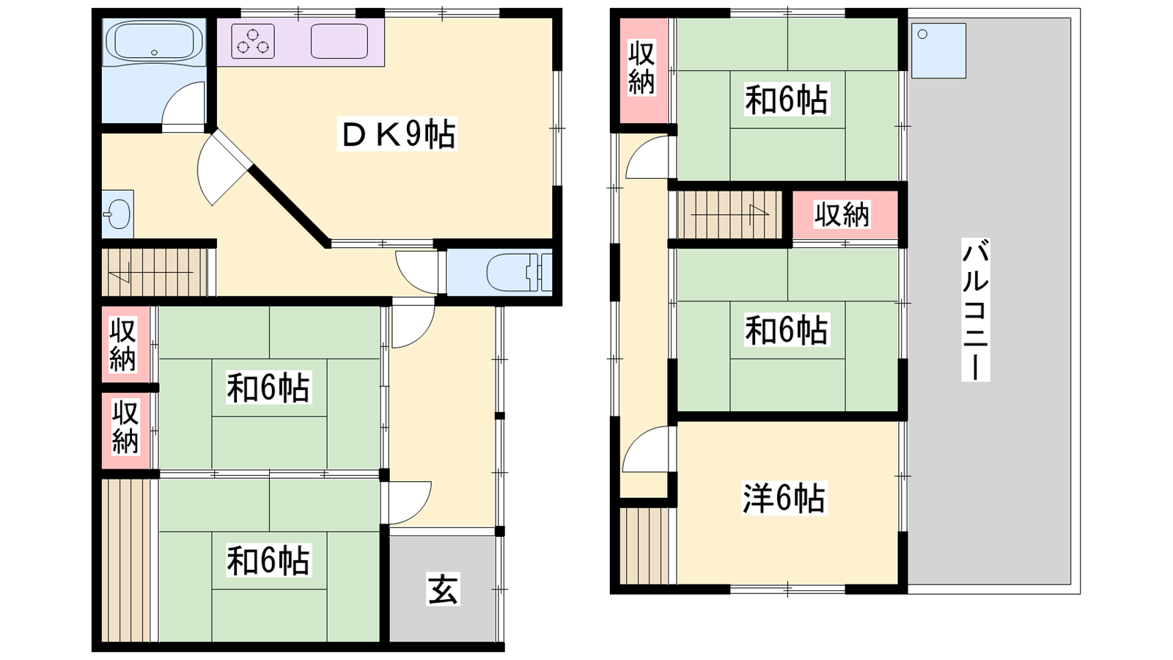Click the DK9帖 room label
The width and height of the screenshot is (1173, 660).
pyautogui.click(x=397, y=134)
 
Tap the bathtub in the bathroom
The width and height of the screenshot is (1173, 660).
pyautogui.click(x=154, y=41)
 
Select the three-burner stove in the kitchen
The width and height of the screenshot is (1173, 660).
pyautogui.click(x=253, y=41)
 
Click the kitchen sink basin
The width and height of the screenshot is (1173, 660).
pyautogui.click(x=339, y=41)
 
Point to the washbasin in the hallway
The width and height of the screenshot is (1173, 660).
pyautogui.click(x=117, y=213)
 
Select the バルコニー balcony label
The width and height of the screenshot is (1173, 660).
pyautogui.click(x=975, y=309)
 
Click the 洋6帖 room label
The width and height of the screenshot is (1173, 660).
pyautogui.click(x=784, y=498)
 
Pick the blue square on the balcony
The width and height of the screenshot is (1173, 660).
pyautogui.click(x=938, y=51)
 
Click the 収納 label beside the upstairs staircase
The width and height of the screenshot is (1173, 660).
pyautogui.click(x=842, y=214)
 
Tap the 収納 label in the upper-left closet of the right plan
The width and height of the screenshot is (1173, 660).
pyautogui.click(x=641, y=69)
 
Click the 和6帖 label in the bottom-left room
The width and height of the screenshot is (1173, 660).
pyautogui.click(x=268, y=560)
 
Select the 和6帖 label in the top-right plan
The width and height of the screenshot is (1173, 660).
pyautogui.click(x=787, y=100)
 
